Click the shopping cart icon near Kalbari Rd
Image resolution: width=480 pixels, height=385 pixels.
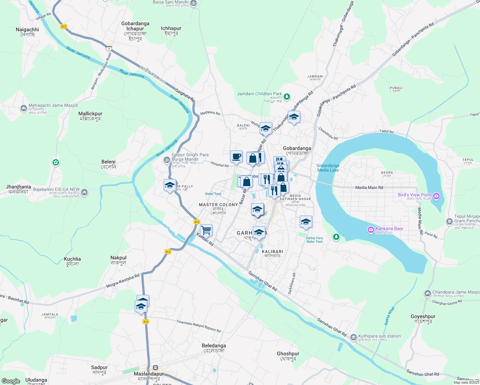coord(206,230)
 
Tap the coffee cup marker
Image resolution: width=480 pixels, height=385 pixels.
coord(236,157)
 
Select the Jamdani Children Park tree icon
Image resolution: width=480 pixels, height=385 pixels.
coord(287,96)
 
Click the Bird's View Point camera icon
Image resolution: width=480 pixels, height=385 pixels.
coord(436,196)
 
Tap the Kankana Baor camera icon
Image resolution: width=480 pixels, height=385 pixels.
coord(371,230)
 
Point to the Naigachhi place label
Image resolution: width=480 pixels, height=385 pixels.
coord(27,32)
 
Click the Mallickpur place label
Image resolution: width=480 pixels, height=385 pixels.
coord(90,116)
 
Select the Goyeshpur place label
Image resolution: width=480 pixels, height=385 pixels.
coord(423,319)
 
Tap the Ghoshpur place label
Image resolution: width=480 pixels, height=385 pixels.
coord(288,356)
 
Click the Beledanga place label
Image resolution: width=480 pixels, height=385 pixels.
coord(214,348)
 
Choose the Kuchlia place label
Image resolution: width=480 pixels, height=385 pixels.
coord(73,261)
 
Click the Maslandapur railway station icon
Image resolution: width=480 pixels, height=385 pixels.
coord(156,368)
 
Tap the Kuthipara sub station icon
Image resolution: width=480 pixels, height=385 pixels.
coord(353,338)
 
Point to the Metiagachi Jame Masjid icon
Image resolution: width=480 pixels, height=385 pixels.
coord(23,108)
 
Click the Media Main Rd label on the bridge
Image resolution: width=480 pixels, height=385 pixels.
coord(369,188)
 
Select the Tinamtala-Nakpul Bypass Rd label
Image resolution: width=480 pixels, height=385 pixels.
coord(198,326)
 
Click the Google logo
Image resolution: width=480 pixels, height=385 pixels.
coord(11,381)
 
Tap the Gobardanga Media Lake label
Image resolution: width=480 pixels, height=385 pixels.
coord(328,168)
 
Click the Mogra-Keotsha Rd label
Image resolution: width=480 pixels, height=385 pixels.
coord(123,281)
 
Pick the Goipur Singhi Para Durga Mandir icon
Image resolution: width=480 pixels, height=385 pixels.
coord(167,159)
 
